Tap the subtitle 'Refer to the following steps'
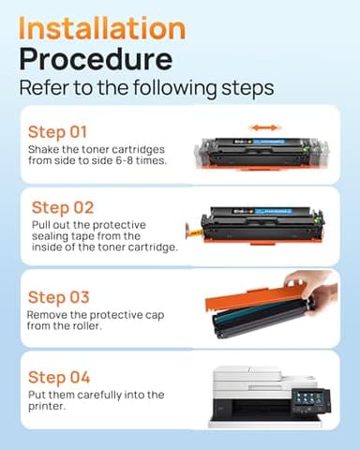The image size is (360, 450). coord(146,89)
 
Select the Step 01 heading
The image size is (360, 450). coord(59,132)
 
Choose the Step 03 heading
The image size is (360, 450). coord(59,297)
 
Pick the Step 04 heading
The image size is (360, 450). coord(59,377)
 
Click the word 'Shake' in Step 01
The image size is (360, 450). coord(44,149)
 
